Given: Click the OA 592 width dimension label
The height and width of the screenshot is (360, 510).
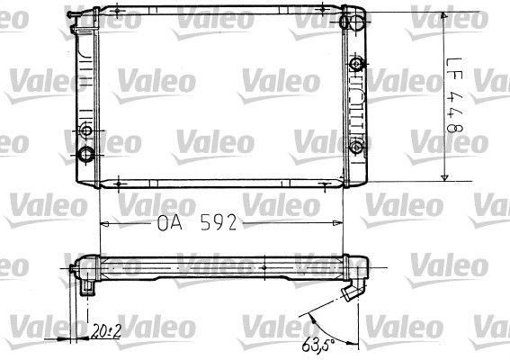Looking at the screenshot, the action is click(197, 223).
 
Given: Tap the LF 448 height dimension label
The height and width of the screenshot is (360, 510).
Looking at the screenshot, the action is click(454, 94).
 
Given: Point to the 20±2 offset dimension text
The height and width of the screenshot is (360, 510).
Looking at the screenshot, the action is click(106, 331).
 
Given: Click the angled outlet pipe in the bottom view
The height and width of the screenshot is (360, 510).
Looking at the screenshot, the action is click(353, 291).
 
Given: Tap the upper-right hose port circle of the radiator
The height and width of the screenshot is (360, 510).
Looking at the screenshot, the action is click(357, 22).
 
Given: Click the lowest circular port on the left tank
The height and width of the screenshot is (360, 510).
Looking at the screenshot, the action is click(86, 154).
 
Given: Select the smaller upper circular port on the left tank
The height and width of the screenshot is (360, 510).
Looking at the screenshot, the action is click(86, 130).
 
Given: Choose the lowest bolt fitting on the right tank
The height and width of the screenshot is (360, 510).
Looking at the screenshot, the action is click(356, 147).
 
